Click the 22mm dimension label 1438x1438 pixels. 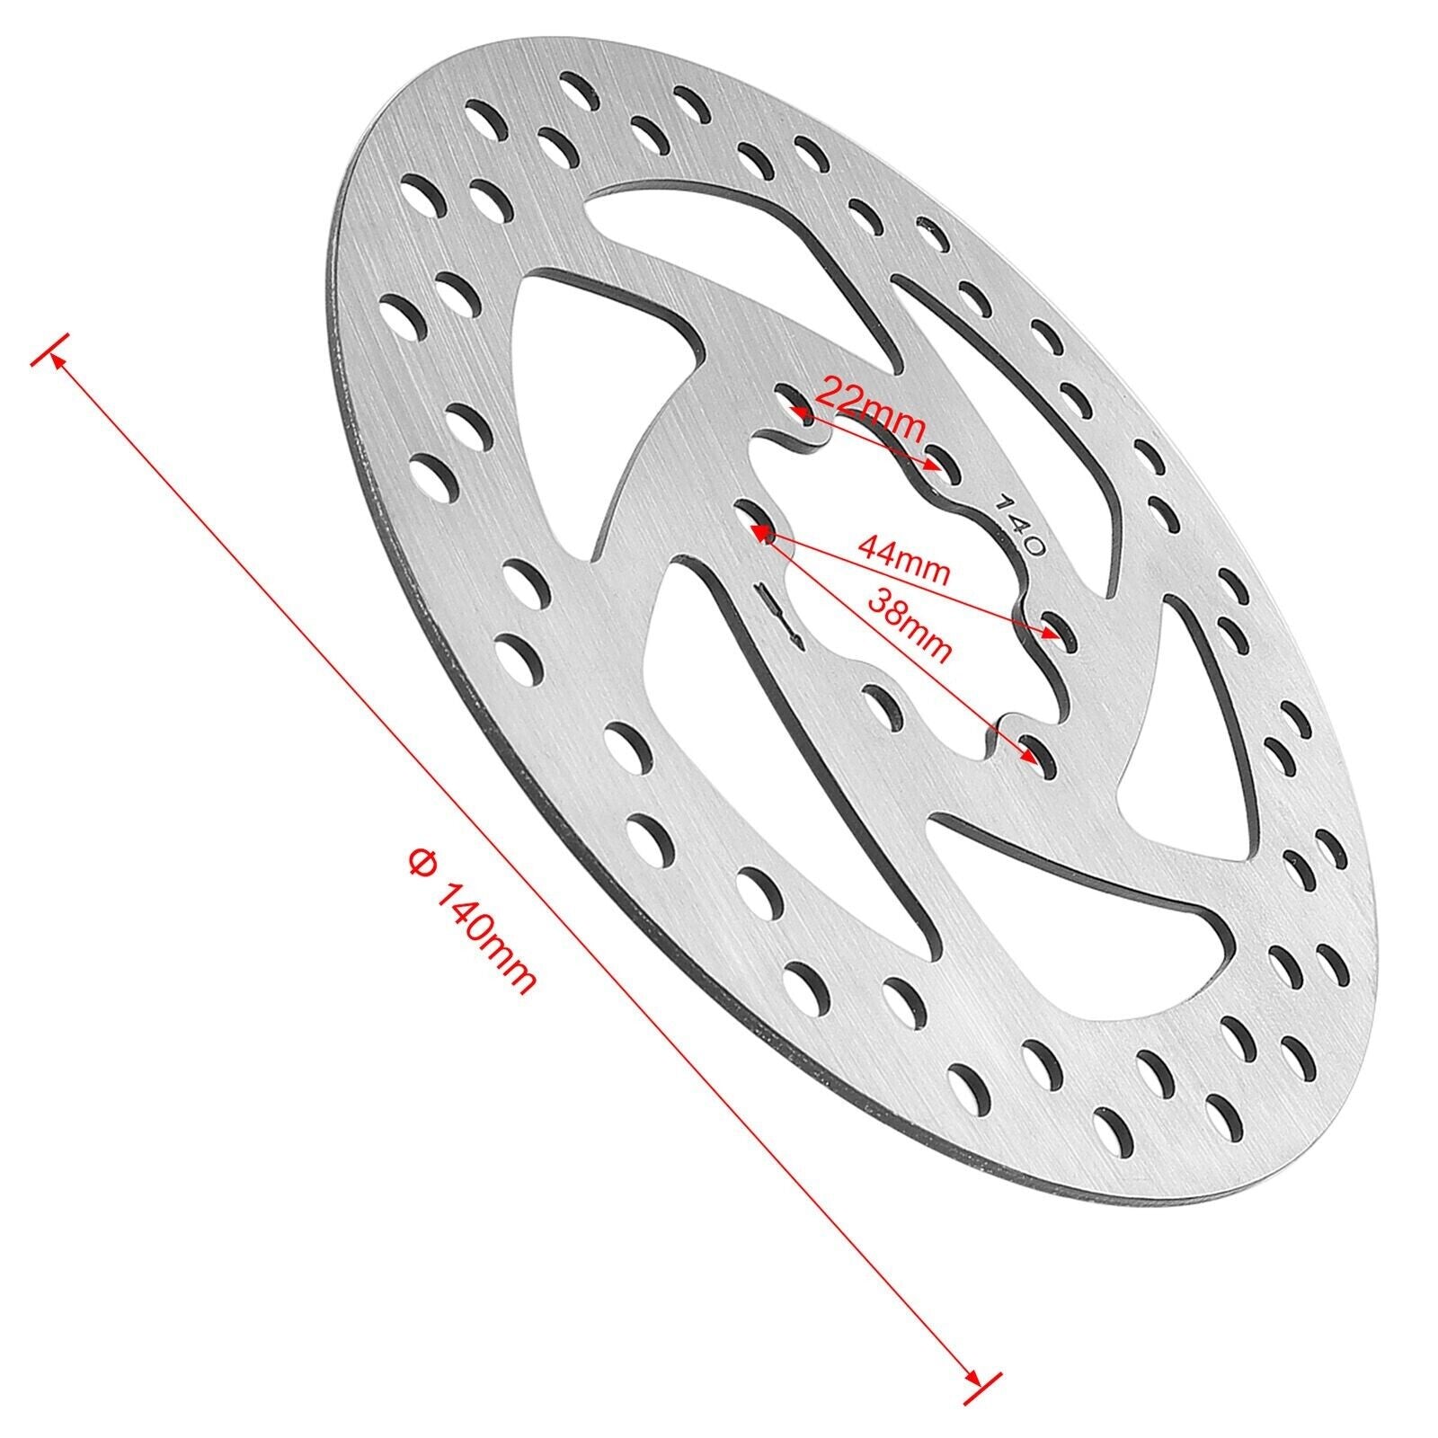tap(870, 410)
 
